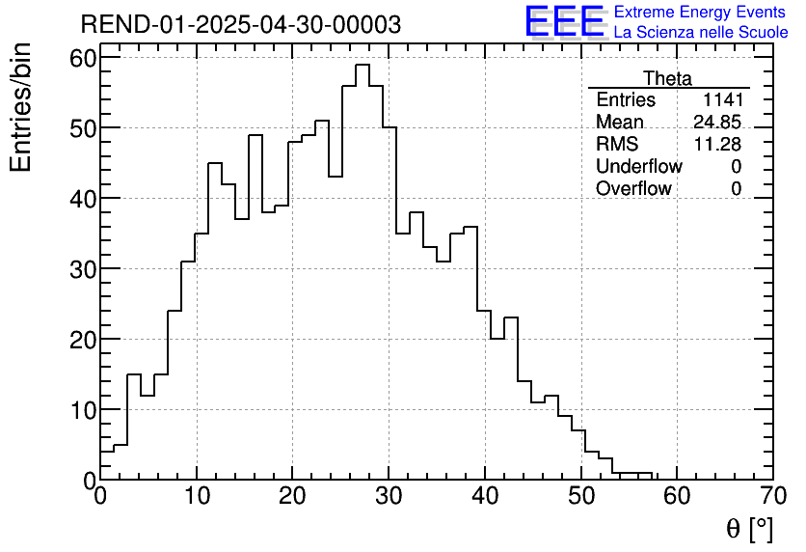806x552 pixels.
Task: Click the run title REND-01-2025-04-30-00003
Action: coord(240,25)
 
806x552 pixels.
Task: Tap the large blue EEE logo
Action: coord(564,21)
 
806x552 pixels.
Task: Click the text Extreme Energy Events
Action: coord(701,13)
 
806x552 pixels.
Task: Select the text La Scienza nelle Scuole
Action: coord(701,33)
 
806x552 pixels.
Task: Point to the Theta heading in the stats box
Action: coord(667,78)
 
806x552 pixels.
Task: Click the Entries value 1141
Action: coord(723,100)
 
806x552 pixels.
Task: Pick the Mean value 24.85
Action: coord(717,123)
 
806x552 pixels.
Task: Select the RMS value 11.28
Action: coord(717,145)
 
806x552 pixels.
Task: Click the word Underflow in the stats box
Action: coord(638,167)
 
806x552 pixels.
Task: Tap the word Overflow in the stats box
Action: coord(633,189)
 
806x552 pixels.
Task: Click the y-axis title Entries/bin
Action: coord(21,107)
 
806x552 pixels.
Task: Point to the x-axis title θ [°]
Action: coord(749,529)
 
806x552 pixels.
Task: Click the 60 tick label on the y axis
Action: coord(81,57)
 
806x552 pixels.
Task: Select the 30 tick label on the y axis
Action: coord(81,268)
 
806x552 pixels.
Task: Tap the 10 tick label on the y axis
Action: coord(81,409)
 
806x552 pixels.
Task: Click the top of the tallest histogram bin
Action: coord(363,65)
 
